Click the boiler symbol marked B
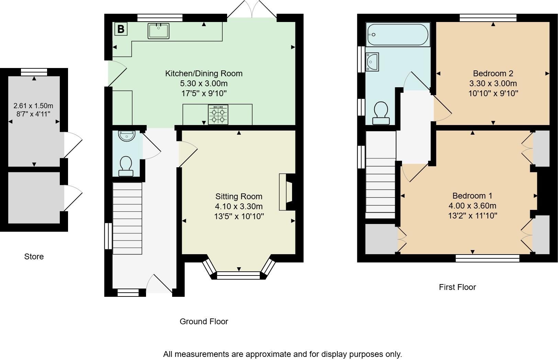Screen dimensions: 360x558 121,29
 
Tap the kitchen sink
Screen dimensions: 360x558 159,31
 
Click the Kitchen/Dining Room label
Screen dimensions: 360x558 204,74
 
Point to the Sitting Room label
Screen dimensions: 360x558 239,196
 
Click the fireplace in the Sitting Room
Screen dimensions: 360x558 286,192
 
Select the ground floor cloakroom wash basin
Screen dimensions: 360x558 127,136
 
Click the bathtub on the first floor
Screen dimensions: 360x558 398,35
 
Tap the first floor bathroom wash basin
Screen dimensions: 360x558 372,62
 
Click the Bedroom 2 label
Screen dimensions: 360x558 493,74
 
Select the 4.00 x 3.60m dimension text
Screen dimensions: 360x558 472,206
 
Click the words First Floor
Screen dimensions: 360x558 457,287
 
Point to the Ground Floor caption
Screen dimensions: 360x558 204,322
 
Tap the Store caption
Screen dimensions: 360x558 34,257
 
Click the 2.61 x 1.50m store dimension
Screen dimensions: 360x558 33,106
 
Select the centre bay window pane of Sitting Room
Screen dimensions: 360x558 239,275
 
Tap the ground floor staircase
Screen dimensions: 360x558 127,218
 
